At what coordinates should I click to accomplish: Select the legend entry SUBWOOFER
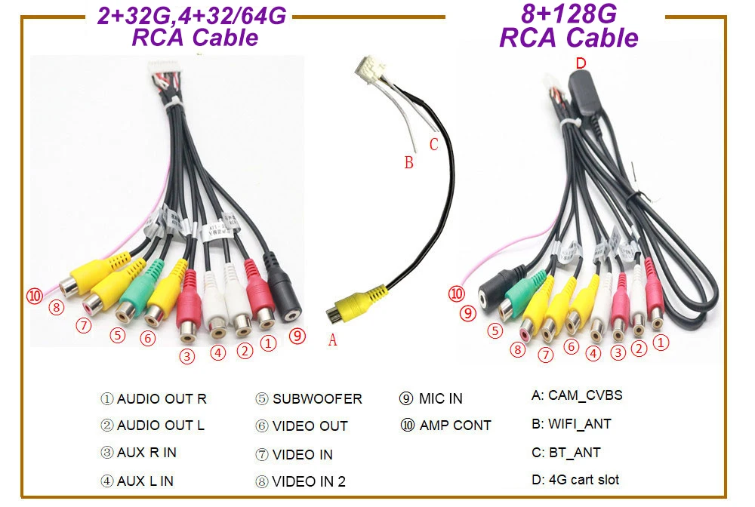click(x=309, y=398)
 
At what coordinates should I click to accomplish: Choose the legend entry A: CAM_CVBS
click(x=577, y=395)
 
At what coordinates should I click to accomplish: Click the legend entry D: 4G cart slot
click(x=575, y=479)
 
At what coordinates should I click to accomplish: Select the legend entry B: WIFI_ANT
click(x=571, y=424)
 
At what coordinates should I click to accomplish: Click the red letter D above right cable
click(x=581, y=63)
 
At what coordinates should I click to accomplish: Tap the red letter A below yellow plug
click(x=333, y=340)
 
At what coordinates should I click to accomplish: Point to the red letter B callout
click(x=408, y=162)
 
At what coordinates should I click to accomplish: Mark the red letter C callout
click(x=433, y=144)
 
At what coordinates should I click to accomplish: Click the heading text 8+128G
click(x=569, y=14)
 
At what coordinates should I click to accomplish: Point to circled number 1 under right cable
click(x=661, y=343)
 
